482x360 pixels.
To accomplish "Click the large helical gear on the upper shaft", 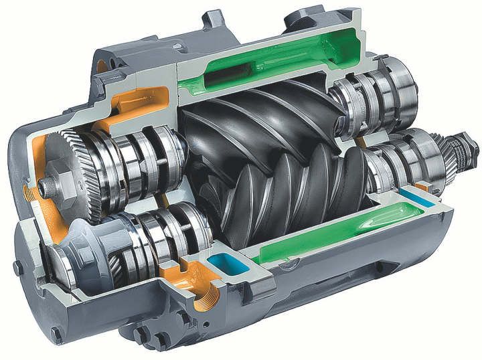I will click(74, 161).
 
